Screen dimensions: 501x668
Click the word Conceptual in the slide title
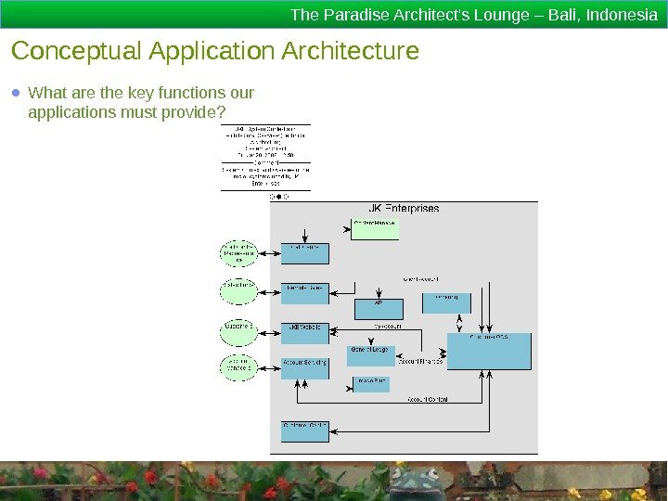pyautogui.click(x=69, y=50)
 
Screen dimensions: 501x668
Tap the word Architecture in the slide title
pyautogui.click(x=353, y=50)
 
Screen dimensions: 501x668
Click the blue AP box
pyautogui.click(x=378, y=307)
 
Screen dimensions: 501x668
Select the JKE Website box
pyautogui.click(x=304, y=331)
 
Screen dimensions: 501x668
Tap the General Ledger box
pyautogui.click(x=371, y=353)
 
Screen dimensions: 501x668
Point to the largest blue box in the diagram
pyautogui.click(x=489, y=352)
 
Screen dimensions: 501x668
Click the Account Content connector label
pyautogui.click(x=427, y=399)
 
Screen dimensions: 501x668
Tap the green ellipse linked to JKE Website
pyautogui.click(x=238, y=328)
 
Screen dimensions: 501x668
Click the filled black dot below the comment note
pyautogui.click(x=278, y=197)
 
